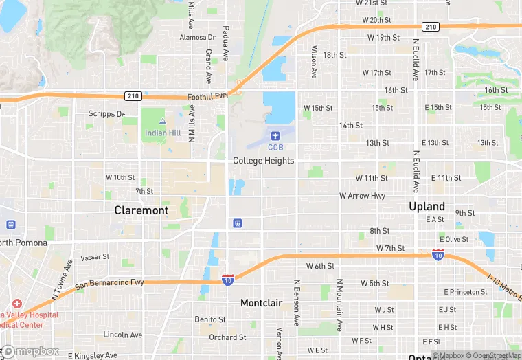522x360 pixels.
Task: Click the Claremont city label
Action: (141, 210)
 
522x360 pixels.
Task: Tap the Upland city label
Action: (427, 206)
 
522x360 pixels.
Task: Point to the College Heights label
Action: (263, 161)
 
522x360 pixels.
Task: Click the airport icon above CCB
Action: (275, 135)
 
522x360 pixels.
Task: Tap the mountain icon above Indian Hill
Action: (163, 121)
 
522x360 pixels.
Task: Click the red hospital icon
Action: (16, 304)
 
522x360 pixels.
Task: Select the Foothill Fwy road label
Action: (207, 97)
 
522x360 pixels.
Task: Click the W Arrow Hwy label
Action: (362, 196)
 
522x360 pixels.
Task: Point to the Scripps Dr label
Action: (106, 114)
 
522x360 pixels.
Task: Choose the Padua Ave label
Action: (225, 43)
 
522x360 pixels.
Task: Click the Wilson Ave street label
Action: (314, 61)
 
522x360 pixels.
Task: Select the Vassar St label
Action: (95, 257)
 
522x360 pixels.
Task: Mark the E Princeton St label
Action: (465, 292)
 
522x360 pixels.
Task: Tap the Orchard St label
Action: (227, 337)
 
